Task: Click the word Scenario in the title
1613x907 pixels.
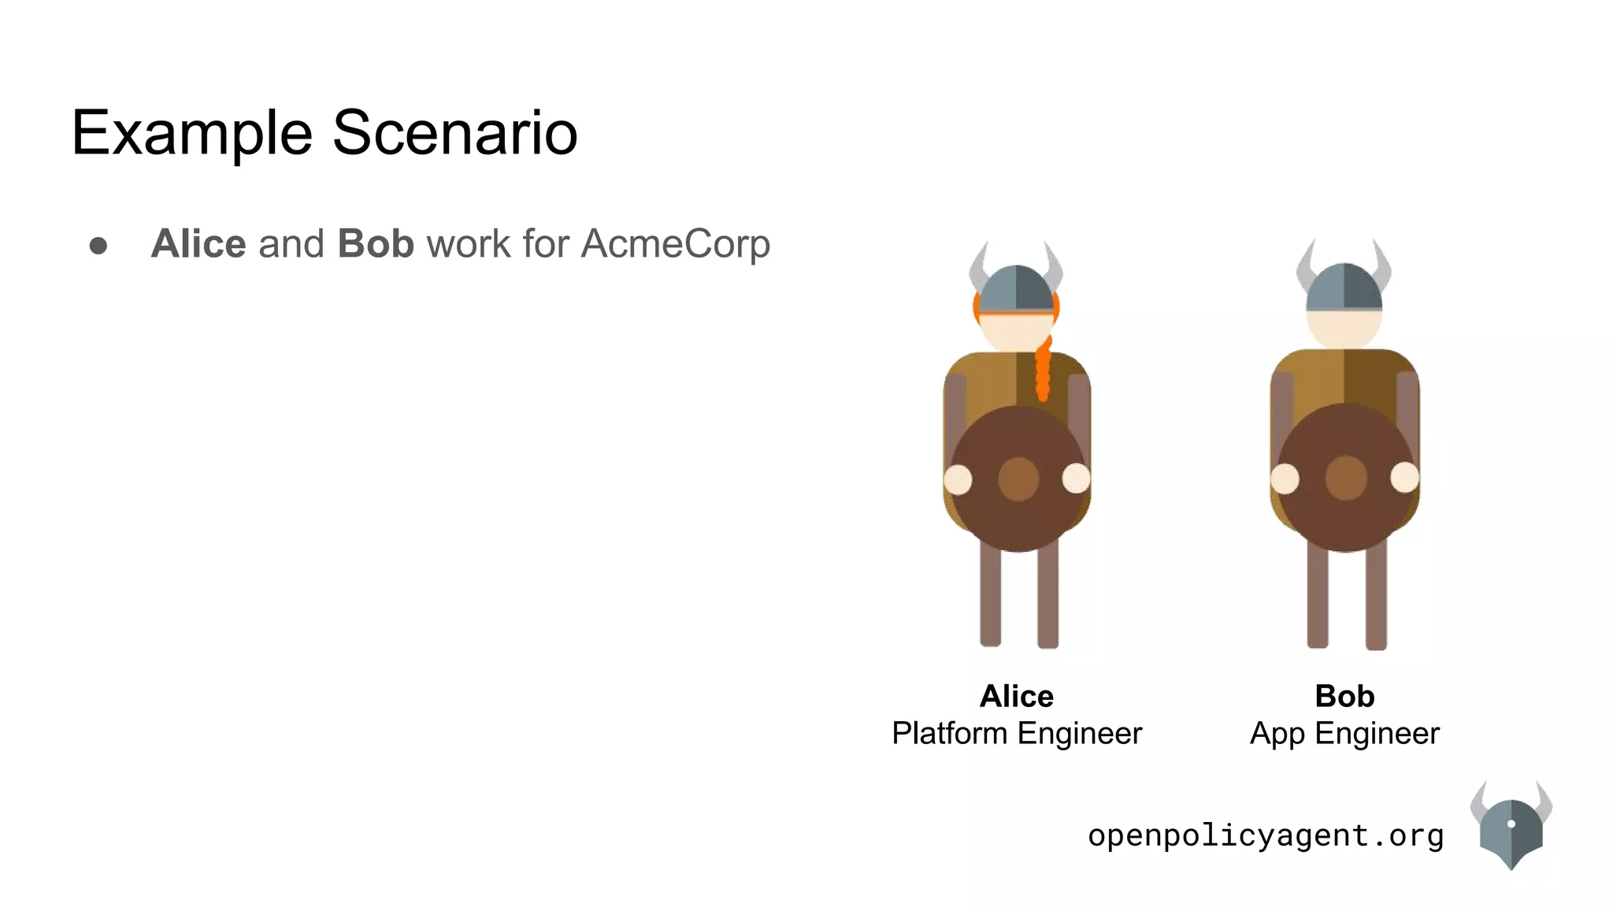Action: tap(454, 132)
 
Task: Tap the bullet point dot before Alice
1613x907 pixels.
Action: tap(98, 246)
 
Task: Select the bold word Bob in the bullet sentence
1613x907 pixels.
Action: tap(375, 243)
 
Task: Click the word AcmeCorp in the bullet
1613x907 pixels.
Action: tap(675, 244)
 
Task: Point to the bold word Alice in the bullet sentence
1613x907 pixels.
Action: tap(198, 243)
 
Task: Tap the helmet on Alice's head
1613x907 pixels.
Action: tap(1016, 288)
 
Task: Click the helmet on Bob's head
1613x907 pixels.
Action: tap(1344, 287)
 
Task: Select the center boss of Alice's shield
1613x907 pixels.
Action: tap(1018, 479)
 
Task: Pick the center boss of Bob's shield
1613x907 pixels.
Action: tap(1345, 477)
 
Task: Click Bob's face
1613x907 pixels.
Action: tap(1344, 328)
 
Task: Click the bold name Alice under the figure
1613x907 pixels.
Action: tap(1016, 696)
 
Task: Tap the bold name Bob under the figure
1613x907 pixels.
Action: tap(1344, 696)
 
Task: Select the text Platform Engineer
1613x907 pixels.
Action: tap(1016, 734)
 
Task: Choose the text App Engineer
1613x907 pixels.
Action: tap(1344, 734)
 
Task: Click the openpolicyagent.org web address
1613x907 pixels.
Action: tap(1266, 835)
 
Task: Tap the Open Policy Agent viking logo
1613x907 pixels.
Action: tap(1511, 831)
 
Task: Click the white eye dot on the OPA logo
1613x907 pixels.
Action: tap(1511, 824)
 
